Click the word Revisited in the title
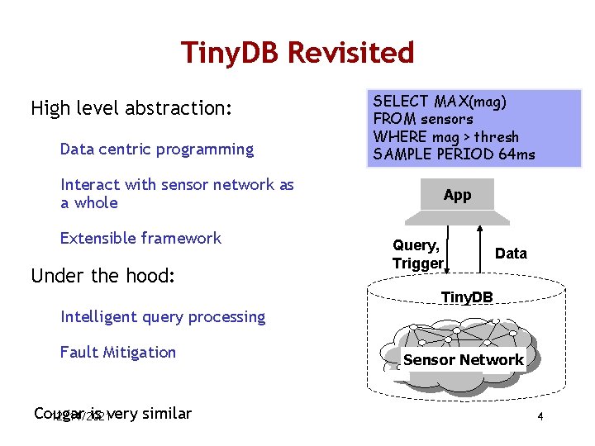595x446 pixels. pyautogui.click(x=356, y=53)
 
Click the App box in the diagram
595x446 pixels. pyautogui.click(x=457, y=195)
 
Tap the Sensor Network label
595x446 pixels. pyautogui.click(x=463, y=360)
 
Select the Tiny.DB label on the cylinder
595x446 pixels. pyautogui.click(x=466, y=297)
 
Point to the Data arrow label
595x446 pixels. pyautogui.click(x=510, y=254)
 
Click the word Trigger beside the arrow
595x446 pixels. pyautogui.click(x=417, y=263)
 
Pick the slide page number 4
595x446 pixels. pyautogui.click(x=540, y=417)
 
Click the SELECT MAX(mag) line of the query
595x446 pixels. pyautogui.click(x=440, y=102)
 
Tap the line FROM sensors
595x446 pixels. pyautogui.click(x=423, y=119)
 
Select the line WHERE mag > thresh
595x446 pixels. pyautogui.click(x=445, y=136)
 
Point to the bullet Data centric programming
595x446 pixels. pyautogui.click(x=156, y=149)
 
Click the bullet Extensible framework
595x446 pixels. pyautogui.click(x=140, y=238)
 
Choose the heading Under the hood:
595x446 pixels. pyautogui.click(x=102, y=276)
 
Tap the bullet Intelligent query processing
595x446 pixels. pyautogui.click(x=163, y=316)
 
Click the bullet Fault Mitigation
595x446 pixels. pyautogui.click(x=117, y=352)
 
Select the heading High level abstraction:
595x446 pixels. pyautogui.click(x=131, y=108)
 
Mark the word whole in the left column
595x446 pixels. pyautogui.click(x=96, y=203)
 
